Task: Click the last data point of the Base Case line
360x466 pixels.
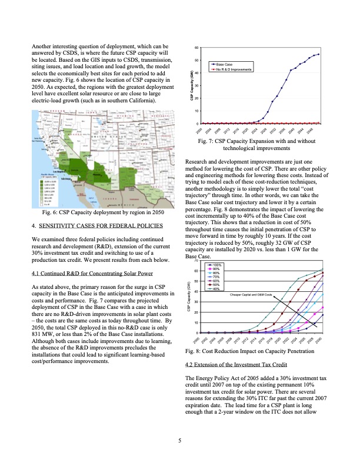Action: [318, 54]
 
